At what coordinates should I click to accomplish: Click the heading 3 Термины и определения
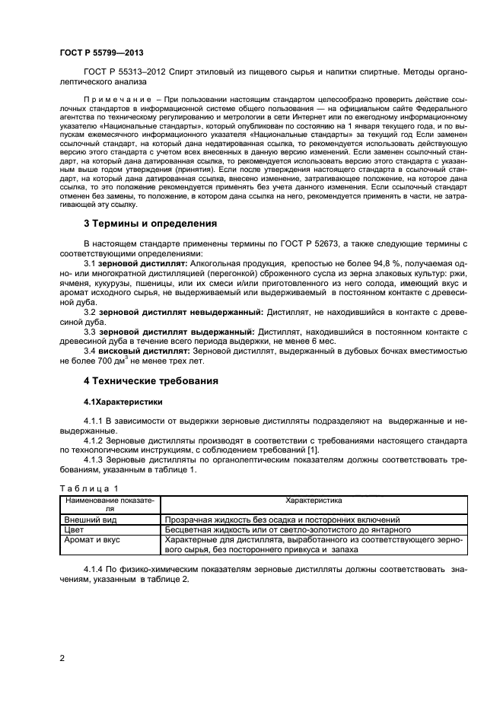(149, 224)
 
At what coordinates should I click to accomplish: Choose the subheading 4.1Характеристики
(122, 401)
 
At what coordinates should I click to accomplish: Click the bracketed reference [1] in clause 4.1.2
(301, 450)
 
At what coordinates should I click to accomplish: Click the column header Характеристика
(314, 501)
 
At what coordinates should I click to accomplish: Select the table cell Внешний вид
(87, 520)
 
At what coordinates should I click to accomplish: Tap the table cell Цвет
(73, 529)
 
